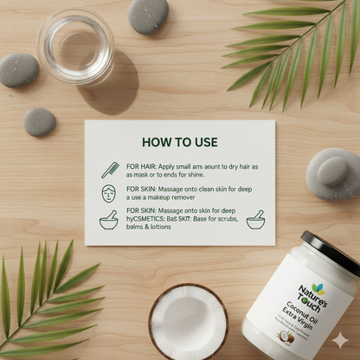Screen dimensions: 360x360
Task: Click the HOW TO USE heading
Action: click(179, 142)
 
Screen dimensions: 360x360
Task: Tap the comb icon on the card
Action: click(110, 169)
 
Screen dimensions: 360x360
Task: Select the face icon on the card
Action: click(109, 194)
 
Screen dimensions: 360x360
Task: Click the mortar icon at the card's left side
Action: click(108, 220)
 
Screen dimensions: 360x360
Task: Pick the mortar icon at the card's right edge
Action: click(255, 219)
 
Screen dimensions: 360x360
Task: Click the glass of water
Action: click(75, 47)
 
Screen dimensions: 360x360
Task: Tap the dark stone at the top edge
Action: click(149, 16)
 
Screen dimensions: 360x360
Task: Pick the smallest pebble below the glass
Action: click(40, 121)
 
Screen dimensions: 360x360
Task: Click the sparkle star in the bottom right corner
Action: click(341, 340)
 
